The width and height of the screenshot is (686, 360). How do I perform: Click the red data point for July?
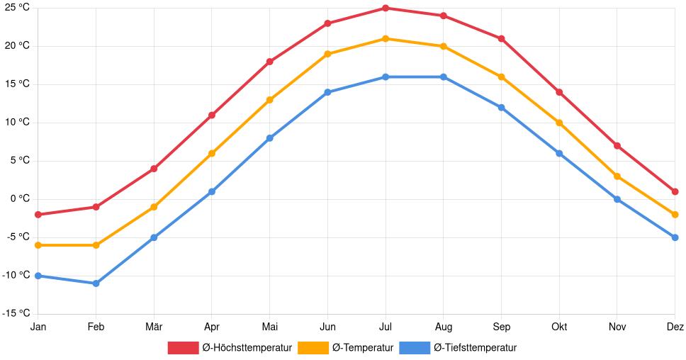[386, 8]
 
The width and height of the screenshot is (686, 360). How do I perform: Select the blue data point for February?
[96, 283]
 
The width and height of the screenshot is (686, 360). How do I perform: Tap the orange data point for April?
[212, 153]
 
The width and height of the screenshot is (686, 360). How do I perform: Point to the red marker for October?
[559, 92]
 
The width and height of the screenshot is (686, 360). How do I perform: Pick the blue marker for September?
[501, 108]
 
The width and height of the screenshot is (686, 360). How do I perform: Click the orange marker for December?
[675, 215]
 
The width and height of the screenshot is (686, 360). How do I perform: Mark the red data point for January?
[38, 215]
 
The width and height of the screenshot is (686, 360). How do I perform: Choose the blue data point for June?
[327, 92]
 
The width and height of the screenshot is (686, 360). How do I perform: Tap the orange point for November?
[617, 176]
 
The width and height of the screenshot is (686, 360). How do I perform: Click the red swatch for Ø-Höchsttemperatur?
[183, 348]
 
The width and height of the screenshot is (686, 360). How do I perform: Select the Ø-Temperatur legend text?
[362, 348]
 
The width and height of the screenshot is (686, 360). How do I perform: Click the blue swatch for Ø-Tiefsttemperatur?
[415, 348]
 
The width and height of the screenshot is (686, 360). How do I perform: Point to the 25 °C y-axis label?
[17, 7]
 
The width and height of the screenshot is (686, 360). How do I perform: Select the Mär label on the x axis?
[154, 327]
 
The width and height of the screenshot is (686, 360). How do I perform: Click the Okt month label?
[559, 327]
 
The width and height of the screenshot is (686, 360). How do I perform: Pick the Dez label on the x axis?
[675, 327]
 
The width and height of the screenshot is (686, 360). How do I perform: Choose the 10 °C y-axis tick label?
[17, 123]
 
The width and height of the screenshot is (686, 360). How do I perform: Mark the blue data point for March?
[154, 237]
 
